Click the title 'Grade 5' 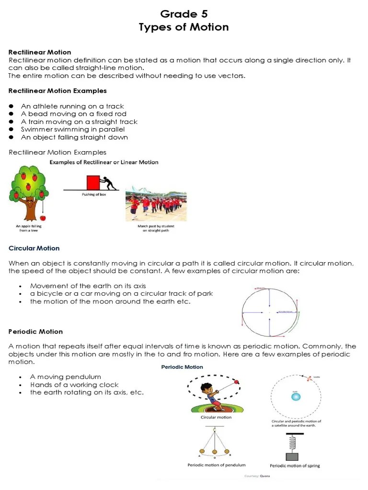click(184, 14)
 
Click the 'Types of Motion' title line click(184, 27)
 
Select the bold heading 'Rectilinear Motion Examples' click(57, 90)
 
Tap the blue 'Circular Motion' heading click(34, 248)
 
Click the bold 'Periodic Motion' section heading click(36, 331)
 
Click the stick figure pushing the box click(109, 184)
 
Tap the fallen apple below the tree click(44, 218)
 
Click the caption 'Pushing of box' click(93, 195)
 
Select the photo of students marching click(156, 204)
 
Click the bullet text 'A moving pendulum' click(66, 377)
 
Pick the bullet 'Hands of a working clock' click(74, 385)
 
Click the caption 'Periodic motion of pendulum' click(216, 465)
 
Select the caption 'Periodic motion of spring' click(295, 465)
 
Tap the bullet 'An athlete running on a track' click(72, 106)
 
